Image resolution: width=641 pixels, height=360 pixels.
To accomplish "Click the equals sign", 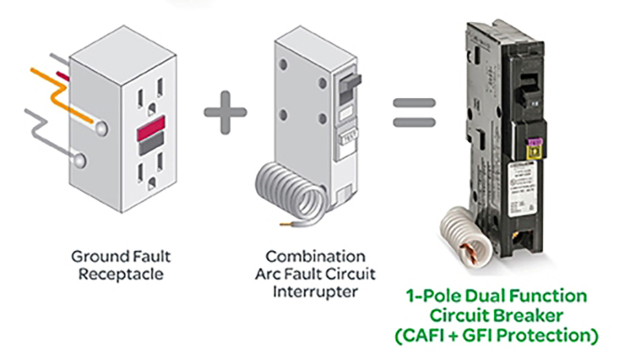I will click(413, 112).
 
